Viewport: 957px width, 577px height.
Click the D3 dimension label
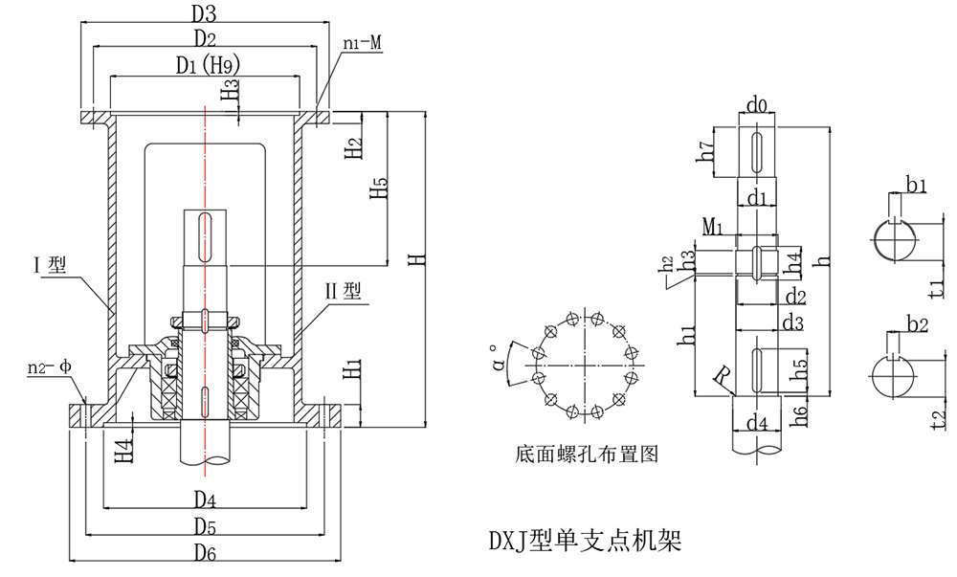point(204,13)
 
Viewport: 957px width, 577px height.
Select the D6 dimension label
point(204,553)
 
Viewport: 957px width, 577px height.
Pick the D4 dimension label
point(204,499)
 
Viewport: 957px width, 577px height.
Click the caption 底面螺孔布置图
point(586,455)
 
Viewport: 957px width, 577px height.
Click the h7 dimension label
point(707,151)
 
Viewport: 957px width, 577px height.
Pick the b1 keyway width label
point(916,184)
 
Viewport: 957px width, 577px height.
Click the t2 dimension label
point(938,417)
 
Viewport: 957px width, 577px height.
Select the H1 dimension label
point(352,366)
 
